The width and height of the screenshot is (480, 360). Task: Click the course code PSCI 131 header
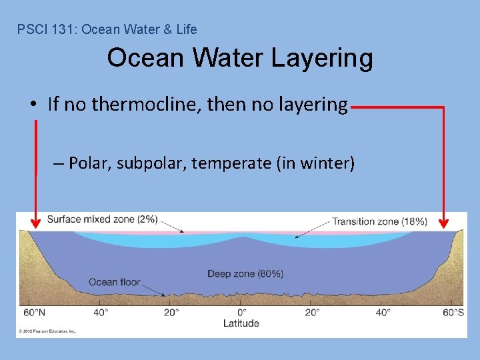(107, 29)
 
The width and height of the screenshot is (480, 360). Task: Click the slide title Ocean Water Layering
(240, 58)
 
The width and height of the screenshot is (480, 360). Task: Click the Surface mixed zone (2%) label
(102, 219)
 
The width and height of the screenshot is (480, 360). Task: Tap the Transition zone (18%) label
(379, 221)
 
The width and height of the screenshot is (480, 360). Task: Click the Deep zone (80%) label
(245, 273)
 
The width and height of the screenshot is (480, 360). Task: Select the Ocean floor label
(114, 282)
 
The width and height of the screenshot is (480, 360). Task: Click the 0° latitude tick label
(242, 312)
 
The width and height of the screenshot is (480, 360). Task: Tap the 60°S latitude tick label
(453, 312)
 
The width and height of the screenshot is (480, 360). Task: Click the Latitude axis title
(241, 323)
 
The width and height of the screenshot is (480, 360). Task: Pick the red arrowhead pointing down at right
(444, 221)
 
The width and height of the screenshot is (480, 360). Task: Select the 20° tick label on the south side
(312, 312)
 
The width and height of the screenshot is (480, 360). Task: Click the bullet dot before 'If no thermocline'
(33, 105)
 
